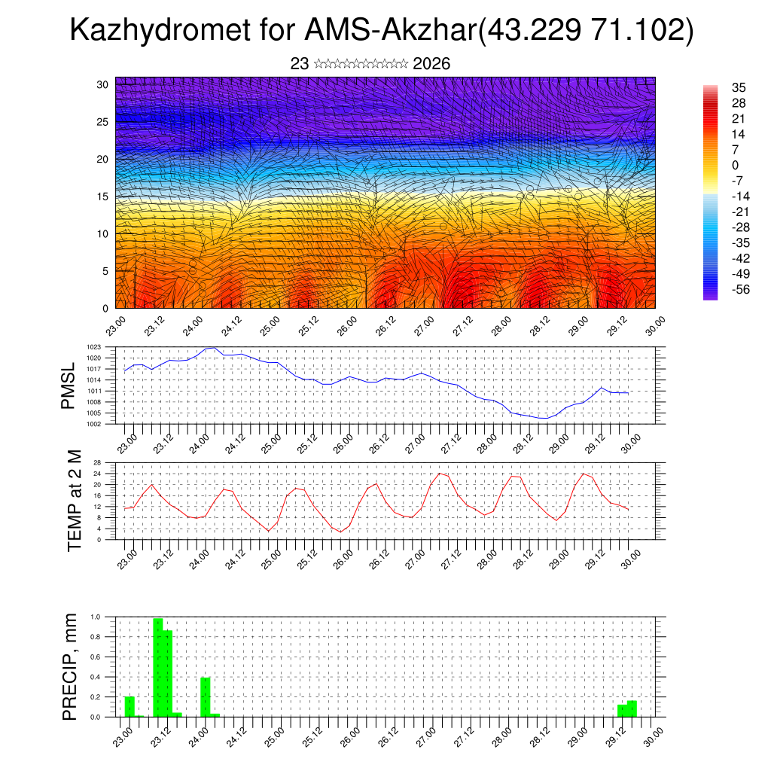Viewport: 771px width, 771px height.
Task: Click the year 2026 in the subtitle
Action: [431, 64]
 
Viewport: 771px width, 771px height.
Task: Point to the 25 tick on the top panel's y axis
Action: [103, 121]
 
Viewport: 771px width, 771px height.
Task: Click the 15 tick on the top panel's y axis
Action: [103, 197]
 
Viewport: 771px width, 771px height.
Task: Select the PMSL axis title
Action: [69, 386]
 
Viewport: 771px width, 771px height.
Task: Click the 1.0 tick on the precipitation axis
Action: [95, 617]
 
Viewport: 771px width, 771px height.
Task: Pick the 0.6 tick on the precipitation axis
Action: [95, 657]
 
